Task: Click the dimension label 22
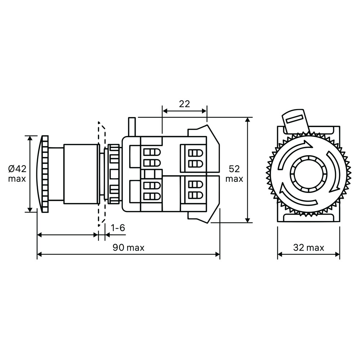(184, 104)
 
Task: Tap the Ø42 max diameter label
(17, 174)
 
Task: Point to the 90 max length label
(129, 248)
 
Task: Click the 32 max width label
(309, 248)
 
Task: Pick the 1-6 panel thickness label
(118, 228)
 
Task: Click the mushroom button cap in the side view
(44, 174)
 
